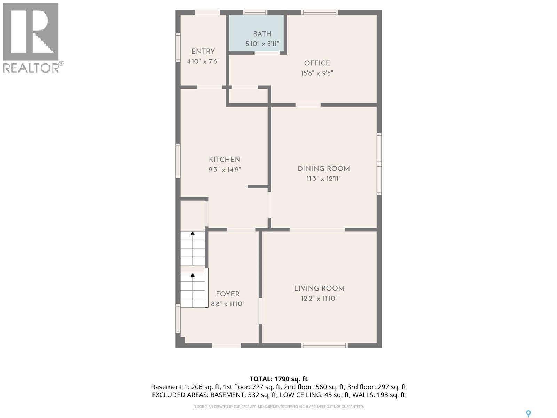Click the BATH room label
click(262, 34)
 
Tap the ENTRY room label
click(203, 52)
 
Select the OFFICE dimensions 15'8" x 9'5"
click(317, 73)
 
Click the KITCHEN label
click(225, 160)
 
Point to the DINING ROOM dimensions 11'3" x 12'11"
click(323, 179)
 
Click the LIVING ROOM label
click(319, 288)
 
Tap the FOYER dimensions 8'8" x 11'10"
click(228, 304)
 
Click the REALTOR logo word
click(31, 68)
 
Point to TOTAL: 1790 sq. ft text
click(278, 379)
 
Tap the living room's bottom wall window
click(324, 345)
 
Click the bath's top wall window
click(255, 12)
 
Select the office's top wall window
click(320, 12)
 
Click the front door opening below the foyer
click(226, 345)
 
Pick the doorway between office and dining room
click(308, 104)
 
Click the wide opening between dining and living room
click(317, 230)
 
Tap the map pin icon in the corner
click(528, 413)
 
